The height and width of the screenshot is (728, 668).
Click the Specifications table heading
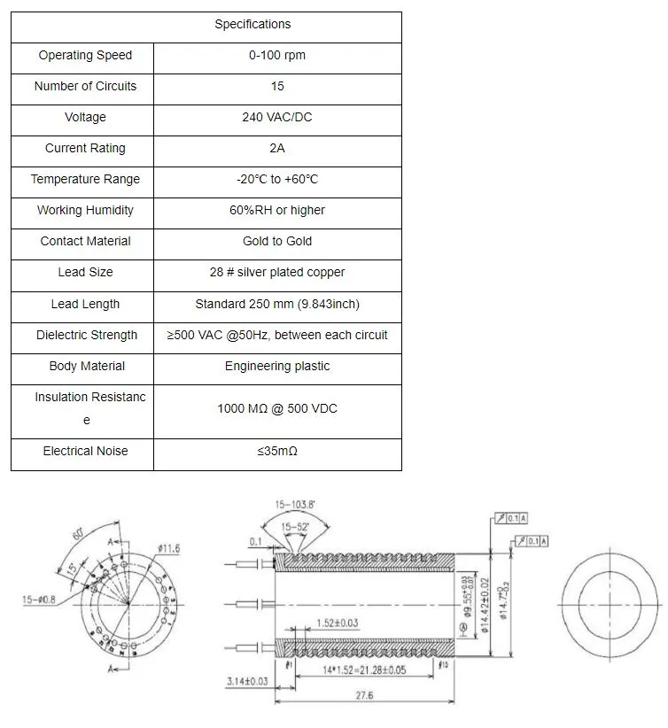click(x=252, y=25)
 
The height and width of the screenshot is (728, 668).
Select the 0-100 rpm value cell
click(x=277, y=56)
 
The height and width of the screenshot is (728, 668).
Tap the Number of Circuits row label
click(x=85, y=87)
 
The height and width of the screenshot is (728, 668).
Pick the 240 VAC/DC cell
click(x=277, y=118)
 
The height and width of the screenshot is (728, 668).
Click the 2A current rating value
click(x=277, y=149)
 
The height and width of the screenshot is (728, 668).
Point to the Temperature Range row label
click(x=85, y=180)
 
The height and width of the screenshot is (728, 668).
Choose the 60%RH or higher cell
click(x=277, y=211)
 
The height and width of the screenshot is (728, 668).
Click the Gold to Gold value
click(x=277, y=242)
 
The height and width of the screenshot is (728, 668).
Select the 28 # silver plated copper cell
click(x=277, y=273)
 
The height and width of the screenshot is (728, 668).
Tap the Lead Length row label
click(x=85, y=305)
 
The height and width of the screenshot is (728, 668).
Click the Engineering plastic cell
click(x=277, y=367)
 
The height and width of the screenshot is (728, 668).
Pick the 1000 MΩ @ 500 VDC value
click(x=277, y=409)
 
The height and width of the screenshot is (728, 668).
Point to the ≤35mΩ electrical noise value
click(x=277, y=452)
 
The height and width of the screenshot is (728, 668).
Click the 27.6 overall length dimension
click(x=363, y=696)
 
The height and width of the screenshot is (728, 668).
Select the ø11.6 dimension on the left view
click(x=167, y=549)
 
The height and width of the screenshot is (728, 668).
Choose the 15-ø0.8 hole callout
click(x=37, y=600)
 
